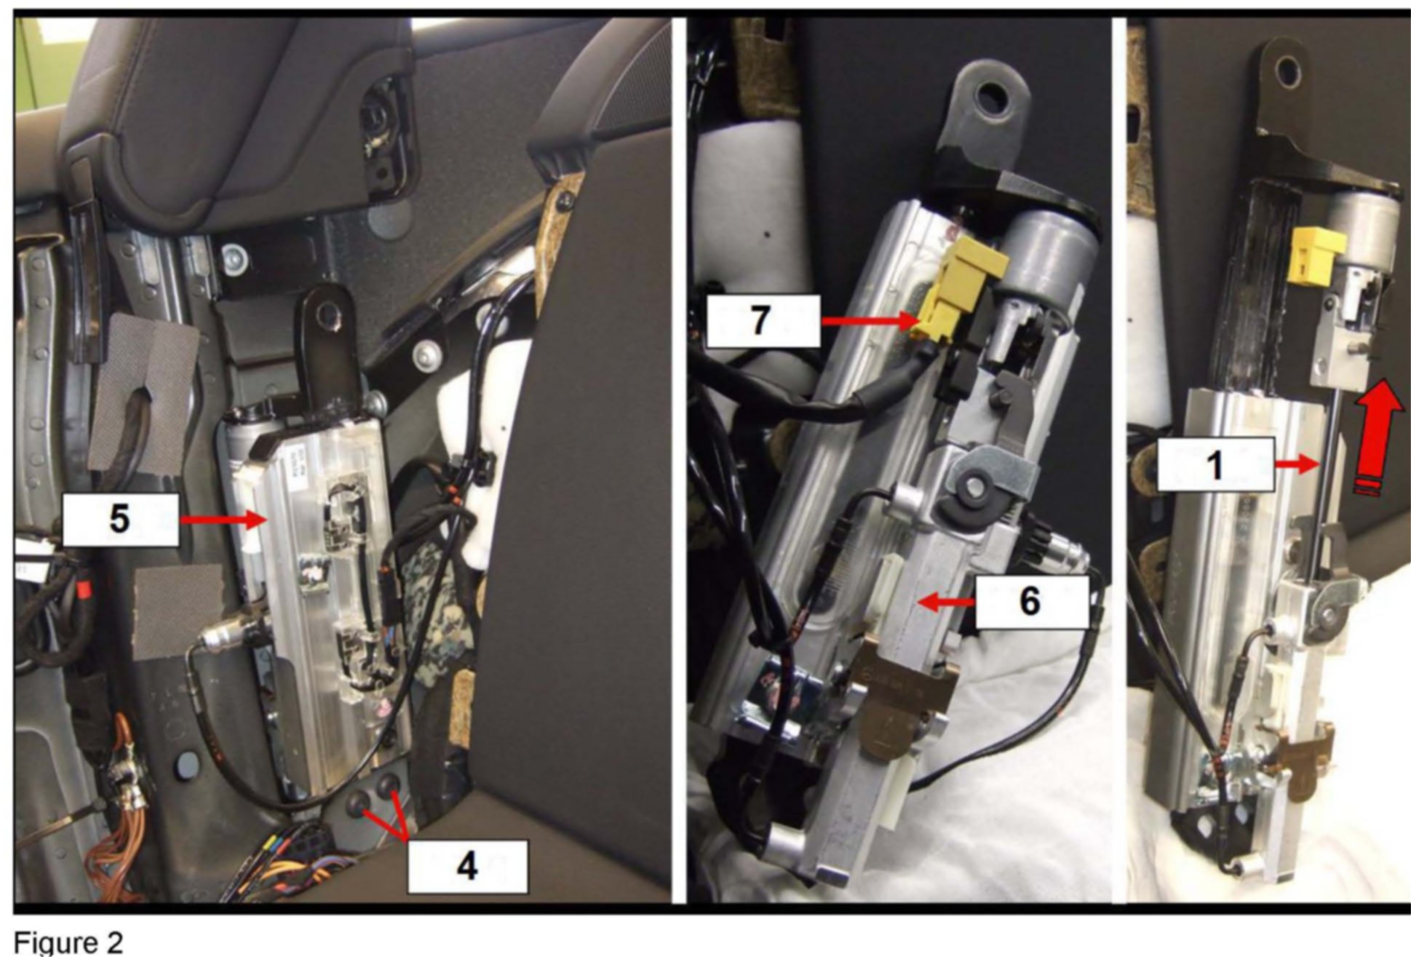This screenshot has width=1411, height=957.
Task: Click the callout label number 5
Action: point(120,520)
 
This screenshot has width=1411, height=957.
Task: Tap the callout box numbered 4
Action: point(467,866)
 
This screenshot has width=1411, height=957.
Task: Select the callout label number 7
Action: point(763,320)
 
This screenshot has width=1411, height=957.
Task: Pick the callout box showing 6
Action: point(1032,602)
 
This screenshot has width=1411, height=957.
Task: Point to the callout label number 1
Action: point(1216,464)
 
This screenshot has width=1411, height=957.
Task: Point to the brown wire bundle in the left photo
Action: point(120,808)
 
